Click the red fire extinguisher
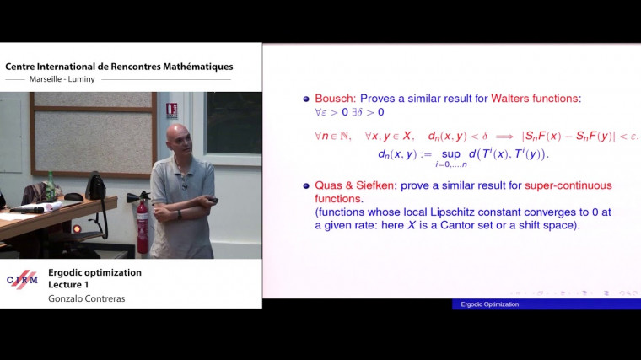pos(142,225)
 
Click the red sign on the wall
pos(172,110)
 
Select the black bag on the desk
pos(95,187)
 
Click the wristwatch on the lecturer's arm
pos(180,214)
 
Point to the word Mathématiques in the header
pos(193,67)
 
